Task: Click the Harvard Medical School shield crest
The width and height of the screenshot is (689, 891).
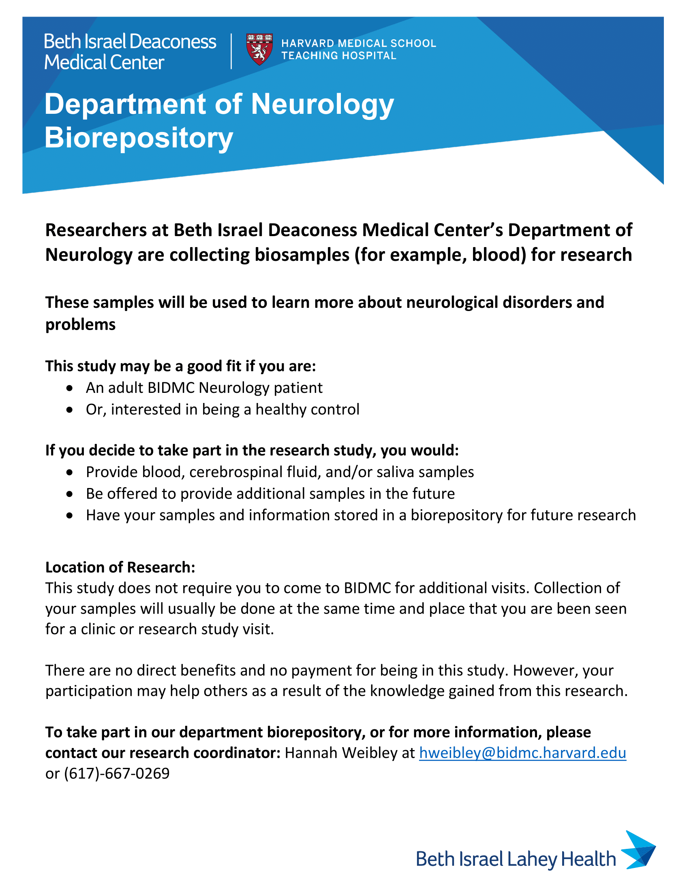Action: [x=259, y=49]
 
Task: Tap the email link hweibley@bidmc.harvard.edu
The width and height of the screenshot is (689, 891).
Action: [x=522, y=753]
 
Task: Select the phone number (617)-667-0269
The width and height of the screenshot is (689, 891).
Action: [x=117, y=774]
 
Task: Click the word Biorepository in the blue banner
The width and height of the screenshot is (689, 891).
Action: [x=138, y=138]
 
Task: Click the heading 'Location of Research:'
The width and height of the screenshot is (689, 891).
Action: [x=120, y=567]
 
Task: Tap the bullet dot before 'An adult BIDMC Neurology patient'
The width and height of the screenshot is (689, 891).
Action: [x=70, y=388]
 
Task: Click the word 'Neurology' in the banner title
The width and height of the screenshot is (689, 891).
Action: [x=322, y=105]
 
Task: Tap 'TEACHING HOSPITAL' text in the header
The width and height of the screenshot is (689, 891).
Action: [x=338, y=55]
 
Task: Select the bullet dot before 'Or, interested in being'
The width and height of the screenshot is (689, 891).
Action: [x=70, y=409]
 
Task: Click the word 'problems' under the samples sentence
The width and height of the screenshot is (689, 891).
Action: [x=80, y=324]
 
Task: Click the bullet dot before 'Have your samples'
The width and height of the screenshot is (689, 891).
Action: [x=70, y=516]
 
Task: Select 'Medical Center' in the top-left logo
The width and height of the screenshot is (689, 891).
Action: [x=104, y=62]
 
